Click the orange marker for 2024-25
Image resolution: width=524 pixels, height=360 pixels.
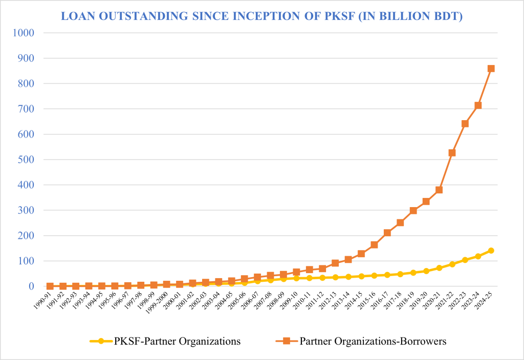(491, 69)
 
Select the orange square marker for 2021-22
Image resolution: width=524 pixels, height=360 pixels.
(452, 153)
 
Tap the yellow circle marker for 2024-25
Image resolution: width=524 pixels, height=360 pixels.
(491, 251)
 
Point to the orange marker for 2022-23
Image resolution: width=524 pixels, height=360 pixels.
(465, 124)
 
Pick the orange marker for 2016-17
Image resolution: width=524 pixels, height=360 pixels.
(387, 233)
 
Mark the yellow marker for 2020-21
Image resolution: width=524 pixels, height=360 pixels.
(439, 268)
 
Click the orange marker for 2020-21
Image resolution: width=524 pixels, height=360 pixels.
(439, 190)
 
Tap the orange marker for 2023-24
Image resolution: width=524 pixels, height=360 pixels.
(478, 105)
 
